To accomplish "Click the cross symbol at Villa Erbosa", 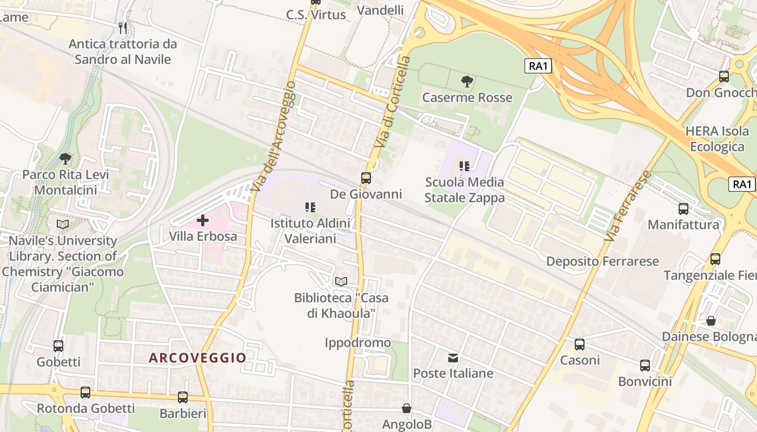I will coord(203,220).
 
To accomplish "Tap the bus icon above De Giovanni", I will coord(366,178).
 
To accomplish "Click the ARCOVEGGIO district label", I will coord(197,357).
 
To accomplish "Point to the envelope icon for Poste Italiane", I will coord(453,357).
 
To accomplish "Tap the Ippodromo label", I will coord(358,342).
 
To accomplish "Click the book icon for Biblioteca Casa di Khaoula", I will coord(341,281).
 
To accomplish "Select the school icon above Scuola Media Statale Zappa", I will coord(464,166).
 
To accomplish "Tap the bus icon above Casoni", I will coord(580,344).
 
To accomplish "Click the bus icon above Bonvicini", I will coord(645,366).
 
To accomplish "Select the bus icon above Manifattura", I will coord(683,208).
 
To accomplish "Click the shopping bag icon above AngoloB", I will coord(407,409).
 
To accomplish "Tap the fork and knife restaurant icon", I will coord(123,28).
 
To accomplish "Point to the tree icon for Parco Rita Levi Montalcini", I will coord(65,159).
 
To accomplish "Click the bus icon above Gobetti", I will coord(58,346).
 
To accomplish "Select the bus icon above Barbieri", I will coord(183,397).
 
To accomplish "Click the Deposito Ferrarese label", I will coord(602,261).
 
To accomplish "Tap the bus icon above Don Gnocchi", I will coord(724,77).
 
